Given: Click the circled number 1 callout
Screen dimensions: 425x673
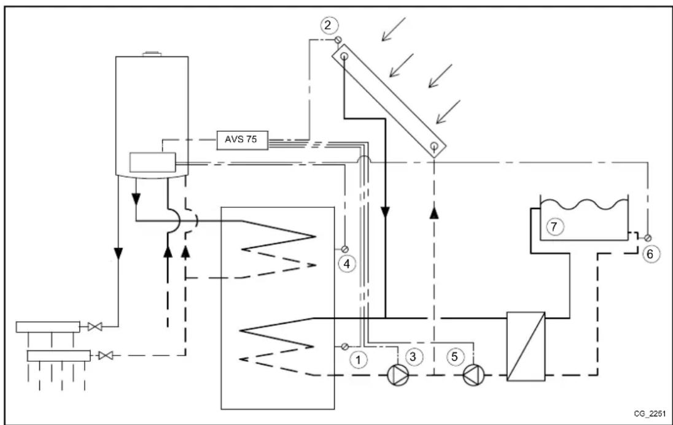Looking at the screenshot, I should pos(359,359).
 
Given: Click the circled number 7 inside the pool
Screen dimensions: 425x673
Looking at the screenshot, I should pos(553,227).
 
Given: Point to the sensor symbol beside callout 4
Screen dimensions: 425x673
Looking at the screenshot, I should pos(344,249).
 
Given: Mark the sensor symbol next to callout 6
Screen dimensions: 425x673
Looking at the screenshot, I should pos(647,237).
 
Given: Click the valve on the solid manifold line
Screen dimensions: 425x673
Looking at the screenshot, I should pos(94,327).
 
